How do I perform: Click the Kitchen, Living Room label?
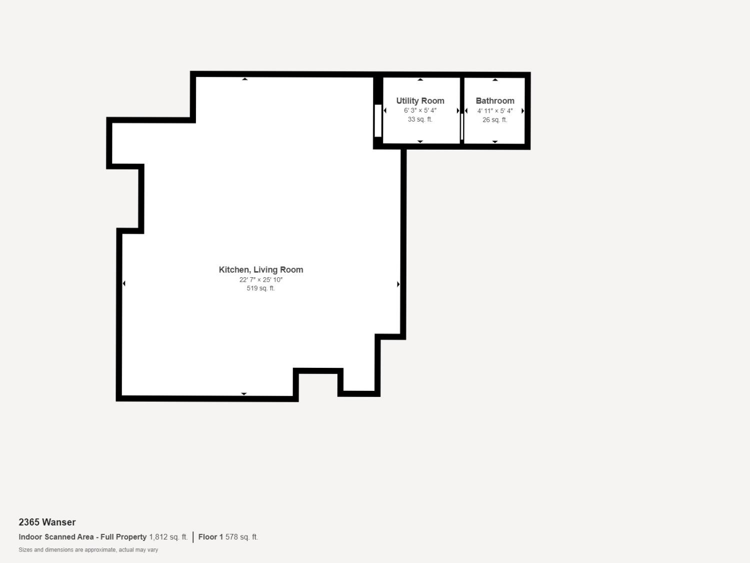(260, 270)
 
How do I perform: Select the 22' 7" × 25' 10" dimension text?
(260, 280)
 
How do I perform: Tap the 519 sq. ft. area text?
(260, 288)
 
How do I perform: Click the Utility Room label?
(420, 101)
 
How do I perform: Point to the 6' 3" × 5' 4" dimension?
(420, 111)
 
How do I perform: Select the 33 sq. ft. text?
(420, 120)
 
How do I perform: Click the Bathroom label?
(494, 101)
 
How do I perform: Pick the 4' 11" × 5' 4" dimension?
(494, 111)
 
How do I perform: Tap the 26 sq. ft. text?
(494, 120)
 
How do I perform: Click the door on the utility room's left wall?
(378, 121)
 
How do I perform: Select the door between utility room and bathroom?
(462, 127)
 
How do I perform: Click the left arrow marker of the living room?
(124, 284)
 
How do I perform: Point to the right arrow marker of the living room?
(398, 284)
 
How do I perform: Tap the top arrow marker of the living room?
(244, 79)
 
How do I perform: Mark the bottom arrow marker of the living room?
(244, 394)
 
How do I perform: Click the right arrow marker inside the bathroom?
(522, 111)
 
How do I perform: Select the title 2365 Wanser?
(47, 522)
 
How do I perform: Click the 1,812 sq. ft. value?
(168, 537)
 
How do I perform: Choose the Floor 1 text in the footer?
(210, 537)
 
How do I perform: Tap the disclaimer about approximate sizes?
(88, 550)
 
